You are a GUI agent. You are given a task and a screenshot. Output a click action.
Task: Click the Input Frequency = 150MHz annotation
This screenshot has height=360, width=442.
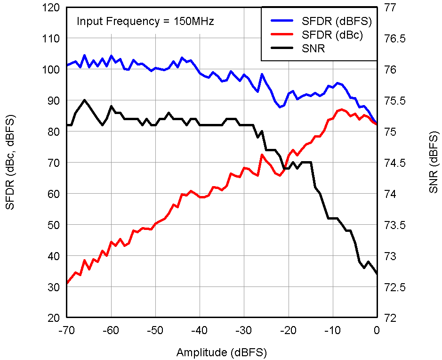[145, 21]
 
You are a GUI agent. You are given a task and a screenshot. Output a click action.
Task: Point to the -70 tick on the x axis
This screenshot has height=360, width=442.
[67, 330]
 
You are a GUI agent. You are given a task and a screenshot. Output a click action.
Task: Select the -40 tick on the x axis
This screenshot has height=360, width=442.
[200, 330]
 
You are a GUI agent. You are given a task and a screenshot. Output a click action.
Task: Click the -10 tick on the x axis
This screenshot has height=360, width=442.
[332, 330]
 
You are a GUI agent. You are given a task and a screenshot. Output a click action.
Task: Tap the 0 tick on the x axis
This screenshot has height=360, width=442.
[377, 330]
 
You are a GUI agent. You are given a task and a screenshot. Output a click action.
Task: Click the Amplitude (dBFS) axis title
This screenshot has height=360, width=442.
[221, 352]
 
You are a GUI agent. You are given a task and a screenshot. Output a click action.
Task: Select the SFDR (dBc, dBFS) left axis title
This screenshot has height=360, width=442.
[9, 163]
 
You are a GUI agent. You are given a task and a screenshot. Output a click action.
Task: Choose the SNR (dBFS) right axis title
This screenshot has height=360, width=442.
[433, 163]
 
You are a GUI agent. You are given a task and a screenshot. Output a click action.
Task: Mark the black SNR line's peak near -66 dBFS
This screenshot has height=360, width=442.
[84, 100]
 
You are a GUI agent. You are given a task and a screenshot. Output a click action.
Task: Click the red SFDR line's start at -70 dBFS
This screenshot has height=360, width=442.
[67, 283]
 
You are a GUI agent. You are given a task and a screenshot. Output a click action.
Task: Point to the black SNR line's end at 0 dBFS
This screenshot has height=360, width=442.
[377, 274]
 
